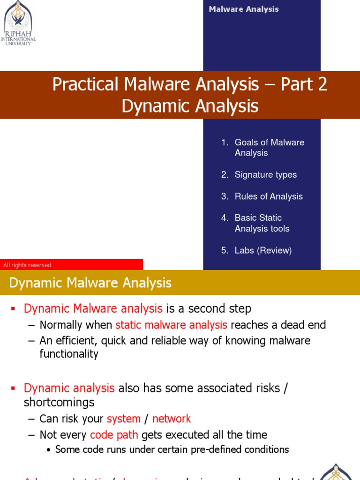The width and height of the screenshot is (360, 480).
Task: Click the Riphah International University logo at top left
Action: tap(19, 23)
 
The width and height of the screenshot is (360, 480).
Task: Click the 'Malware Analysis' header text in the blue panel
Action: tap(244, 9)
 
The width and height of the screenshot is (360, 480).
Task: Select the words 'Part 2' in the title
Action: tap(304, 84)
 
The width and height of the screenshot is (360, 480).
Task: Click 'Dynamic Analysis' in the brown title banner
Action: tap(190, 106)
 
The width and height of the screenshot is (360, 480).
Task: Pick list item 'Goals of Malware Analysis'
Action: tap(269, 148)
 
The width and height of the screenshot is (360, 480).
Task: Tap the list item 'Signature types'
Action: tap(265, 175)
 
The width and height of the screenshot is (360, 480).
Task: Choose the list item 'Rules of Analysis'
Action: tap(269, 196)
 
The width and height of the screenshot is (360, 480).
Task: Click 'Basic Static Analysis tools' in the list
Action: tap(262, 223)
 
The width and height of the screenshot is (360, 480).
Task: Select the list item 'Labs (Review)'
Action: tap(263, 250)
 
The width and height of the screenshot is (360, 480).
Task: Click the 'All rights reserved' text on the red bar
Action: tap(27, 265)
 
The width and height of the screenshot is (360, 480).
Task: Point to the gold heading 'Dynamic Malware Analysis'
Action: tap(90, 283)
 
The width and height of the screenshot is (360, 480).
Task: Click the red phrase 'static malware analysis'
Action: tap(171, 325)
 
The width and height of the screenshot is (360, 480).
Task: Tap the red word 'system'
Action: tap(124, 419)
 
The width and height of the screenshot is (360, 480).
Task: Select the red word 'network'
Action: tap(172, 419)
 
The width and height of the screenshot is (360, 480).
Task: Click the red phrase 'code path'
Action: tap(114, 435)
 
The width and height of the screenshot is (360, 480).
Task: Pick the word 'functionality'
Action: tap(69, 354)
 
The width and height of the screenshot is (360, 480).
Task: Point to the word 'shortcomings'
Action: tap(59, 403)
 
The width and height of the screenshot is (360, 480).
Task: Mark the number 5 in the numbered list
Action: tap(224, 250)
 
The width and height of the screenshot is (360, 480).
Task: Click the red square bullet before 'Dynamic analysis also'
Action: tap(14, 389)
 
